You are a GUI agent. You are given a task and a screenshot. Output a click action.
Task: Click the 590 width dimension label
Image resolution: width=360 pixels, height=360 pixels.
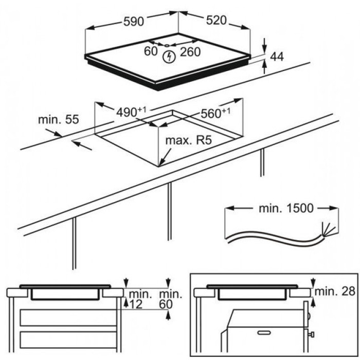[135, 21]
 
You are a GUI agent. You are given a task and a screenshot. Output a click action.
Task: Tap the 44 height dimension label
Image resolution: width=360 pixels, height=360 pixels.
[277, 57]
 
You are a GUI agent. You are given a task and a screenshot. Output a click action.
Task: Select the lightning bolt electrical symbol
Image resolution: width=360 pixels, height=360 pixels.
[167, 57]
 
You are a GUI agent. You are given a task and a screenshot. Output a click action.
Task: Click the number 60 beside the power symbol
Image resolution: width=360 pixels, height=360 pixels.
[150, 51]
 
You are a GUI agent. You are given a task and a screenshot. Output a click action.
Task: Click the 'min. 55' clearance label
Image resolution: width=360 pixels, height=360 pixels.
[58, 120]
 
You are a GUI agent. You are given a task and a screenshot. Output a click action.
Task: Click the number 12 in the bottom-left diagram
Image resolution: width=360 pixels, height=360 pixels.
[135, 304]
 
